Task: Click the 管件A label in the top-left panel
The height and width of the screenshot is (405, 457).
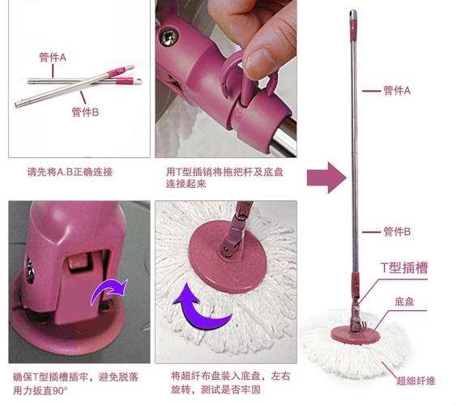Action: [53, 58]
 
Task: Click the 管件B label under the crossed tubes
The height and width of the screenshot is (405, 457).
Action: [85, 112]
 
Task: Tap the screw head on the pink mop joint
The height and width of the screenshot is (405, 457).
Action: [168, 37]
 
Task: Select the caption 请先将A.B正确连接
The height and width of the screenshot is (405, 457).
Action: [70, 172]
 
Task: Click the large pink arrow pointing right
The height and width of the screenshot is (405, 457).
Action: [327, 177]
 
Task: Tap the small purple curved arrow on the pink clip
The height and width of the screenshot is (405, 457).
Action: [109, 292]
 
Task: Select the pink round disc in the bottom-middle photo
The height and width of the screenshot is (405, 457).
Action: [228, 257]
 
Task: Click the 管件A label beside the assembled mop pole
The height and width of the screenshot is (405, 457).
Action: [397, 91]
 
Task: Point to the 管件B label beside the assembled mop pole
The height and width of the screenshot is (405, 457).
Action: [397, 232]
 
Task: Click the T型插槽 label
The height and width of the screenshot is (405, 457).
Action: [404, 268]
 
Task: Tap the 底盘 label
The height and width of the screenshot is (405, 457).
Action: [404, 301]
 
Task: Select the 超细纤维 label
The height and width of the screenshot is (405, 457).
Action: [416, 381]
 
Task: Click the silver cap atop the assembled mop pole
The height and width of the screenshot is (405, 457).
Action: [353, 15]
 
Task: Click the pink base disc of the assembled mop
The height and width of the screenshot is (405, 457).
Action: [356, 334]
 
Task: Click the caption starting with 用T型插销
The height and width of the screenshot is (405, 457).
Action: [224, 177]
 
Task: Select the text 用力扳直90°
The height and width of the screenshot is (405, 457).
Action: [41, 390]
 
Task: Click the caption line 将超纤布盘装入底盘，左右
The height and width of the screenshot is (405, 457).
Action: [231, 376]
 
